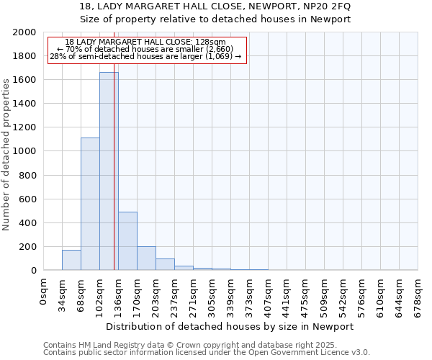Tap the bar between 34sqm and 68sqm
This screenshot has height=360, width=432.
tap(71, 260)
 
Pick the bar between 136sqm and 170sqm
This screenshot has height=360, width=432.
tap(127, 241)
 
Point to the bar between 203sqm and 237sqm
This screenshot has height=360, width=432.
tap(165, 264)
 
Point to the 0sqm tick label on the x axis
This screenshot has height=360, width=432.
tap(44, 291)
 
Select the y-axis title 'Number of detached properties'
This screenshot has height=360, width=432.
tap(7, 152)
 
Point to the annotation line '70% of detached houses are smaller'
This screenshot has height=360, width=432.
tap(146, 49)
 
